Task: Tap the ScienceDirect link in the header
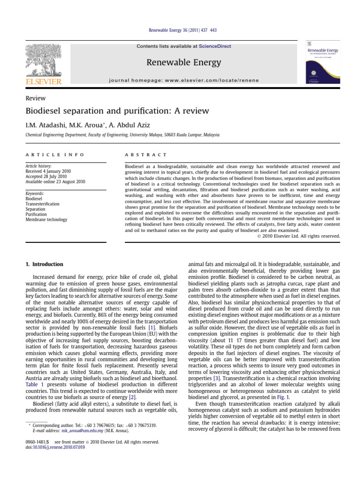tap(215, 46)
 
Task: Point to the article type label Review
tap(35, 98)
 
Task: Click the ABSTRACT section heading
tap(146, 155)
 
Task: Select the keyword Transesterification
tap(43, 204)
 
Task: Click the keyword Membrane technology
tap(46, 219)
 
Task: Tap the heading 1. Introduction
tap(44, 264)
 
